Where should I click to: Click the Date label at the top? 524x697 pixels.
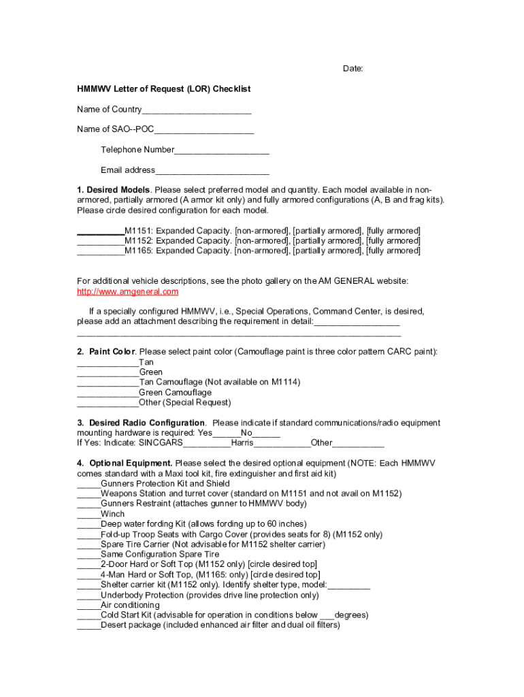click(x=353, y=69)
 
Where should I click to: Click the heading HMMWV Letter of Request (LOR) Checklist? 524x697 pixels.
click(x=163, y=89)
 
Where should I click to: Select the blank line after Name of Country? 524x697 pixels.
click(x=197, y=110)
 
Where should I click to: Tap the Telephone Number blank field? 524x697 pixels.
click(x=222, y=150)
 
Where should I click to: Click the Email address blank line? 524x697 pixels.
click(x=212, y=171)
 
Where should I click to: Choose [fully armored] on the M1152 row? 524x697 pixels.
click(x=393, y=241)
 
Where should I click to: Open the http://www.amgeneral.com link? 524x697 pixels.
click(x=128, y=292)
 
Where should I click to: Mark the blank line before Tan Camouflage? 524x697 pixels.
click(x=108, y=383)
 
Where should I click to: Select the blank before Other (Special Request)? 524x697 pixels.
click(x=108, y=404)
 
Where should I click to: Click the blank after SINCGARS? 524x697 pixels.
click(x=207, y=444)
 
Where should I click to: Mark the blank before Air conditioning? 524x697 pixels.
click(x=88, y=606)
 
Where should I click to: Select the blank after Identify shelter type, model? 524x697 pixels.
click(x=348, y=586)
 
